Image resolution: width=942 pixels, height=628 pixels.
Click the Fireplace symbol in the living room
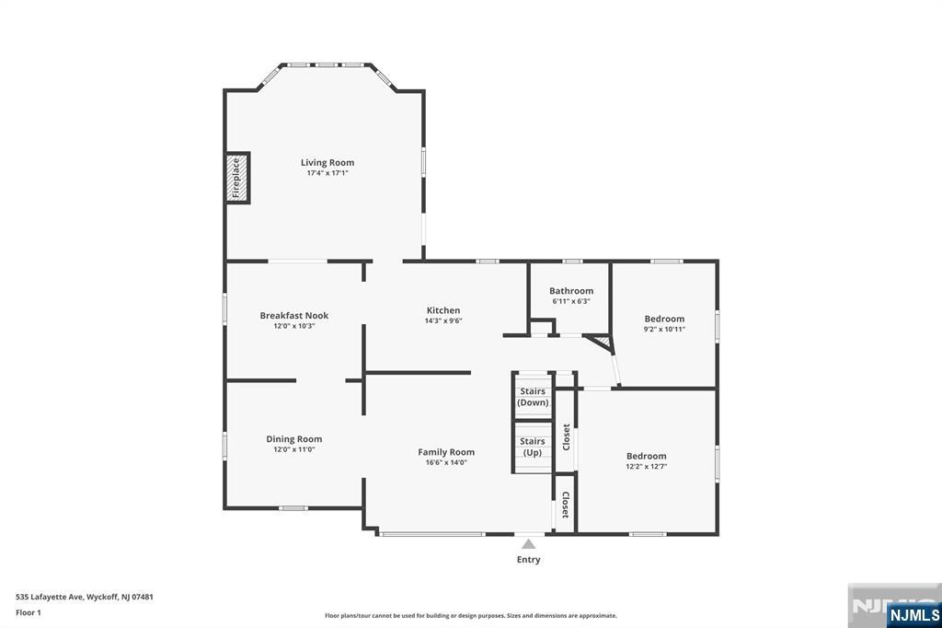237,178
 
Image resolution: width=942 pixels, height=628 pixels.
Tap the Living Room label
327,163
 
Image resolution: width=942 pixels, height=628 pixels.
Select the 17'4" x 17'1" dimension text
327,174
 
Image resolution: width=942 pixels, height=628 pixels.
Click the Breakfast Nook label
293,316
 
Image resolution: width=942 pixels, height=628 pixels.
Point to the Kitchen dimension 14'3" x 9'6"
442,321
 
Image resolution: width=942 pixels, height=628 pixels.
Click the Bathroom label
571,291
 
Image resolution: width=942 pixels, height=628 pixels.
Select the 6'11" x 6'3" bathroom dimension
571,301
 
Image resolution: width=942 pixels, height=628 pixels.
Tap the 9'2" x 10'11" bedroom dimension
664,330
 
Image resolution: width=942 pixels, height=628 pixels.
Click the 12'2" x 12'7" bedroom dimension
646,467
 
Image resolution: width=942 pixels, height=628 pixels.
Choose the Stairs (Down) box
532,397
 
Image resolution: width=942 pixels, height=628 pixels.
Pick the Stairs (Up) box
532,447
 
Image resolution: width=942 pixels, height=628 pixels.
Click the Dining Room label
293,439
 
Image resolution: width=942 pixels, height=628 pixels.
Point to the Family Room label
446,452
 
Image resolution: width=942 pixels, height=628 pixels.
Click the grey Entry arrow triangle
528,544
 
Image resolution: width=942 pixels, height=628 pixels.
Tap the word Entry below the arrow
528,560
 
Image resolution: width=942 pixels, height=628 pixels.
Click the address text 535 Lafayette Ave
85,597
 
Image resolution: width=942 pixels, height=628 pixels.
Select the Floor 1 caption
29,612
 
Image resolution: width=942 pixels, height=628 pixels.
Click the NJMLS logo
913,614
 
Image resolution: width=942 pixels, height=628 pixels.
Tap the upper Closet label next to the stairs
566,436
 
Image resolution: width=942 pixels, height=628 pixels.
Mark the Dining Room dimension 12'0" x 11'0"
293,449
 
